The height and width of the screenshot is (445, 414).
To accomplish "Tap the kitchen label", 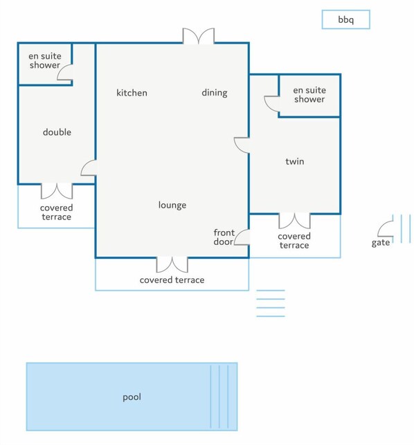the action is (132, 93).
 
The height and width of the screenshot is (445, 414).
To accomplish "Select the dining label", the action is (215, 93).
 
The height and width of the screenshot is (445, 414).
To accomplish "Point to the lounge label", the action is (172, 205).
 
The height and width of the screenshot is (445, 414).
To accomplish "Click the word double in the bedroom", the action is (57, 132).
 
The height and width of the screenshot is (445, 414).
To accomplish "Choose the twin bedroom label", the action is (295, 161).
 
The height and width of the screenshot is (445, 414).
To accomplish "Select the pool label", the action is (132, 397).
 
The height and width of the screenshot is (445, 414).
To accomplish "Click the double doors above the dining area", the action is (198, 36).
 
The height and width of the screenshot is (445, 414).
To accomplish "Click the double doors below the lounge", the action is (172, 265).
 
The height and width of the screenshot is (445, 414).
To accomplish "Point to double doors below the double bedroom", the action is (57, 191).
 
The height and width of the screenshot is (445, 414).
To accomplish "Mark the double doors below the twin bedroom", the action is (294, 221).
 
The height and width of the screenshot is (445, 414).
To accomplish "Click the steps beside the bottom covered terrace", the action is (271, 303).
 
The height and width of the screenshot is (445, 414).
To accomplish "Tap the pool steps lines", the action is (219, 397).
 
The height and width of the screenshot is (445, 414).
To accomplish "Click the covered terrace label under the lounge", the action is (172, 280).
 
